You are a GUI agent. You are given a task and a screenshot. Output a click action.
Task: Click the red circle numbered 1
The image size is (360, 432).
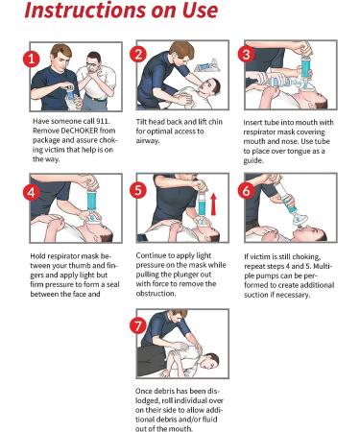(32, 59)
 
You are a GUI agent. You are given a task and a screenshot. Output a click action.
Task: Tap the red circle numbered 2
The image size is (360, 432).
(138, 54)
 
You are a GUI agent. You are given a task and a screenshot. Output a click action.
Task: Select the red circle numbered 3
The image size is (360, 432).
(246, 54)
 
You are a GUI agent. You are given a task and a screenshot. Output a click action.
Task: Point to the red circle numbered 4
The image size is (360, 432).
(32, 192)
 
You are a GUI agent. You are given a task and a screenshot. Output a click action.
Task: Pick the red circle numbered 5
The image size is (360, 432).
(138, 190)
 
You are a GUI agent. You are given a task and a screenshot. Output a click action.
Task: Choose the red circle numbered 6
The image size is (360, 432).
(246, 191)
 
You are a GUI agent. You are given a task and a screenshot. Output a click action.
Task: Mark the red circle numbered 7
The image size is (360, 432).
(138, 325)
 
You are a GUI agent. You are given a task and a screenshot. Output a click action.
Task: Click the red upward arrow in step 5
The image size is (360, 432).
(213, 204)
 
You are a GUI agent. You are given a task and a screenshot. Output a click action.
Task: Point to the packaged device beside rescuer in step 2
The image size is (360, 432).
(206, 67)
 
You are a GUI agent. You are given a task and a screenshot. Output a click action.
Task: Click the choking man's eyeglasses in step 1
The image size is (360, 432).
(92, 64)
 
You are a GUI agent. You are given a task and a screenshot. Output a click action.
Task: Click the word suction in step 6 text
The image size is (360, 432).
(256, 295)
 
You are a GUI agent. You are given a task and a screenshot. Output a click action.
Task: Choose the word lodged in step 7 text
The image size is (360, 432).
(147, 401)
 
